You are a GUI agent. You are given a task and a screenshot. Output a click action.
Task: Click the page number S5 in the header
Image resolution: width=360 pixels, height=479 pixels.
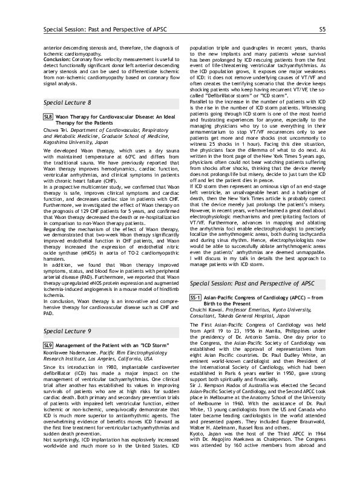[322, 29]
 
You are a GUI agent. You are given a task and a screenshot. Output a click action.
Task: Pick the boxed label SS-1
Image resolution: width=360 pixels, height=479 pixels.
[195, 315]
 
